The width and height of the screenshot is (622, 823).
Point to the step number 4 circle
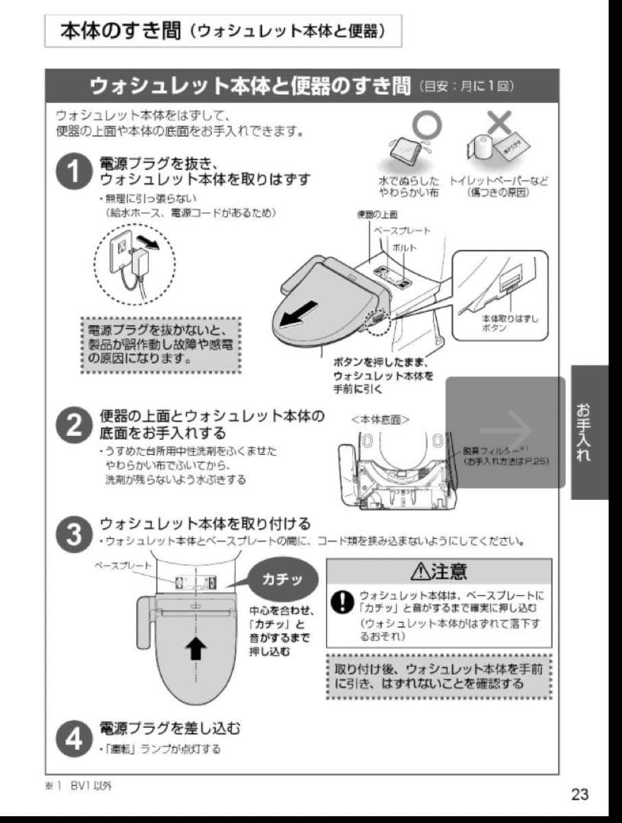[x=77, y=737]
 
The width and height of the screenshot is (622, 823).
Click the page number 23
[x=579, y=794]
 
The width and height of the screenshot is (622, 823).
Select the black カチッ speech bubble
[x=281, y=579]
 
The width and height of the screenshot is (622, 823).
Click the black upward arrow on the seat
[x=197, y=648]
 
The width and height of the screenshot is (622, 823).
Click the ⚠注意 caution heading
[x=438, y=571]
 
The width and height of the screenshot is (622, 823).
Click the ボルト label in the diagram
[x=404, y=248]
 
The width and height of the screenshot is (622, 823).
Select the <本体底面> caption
[x=380, y=418]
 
